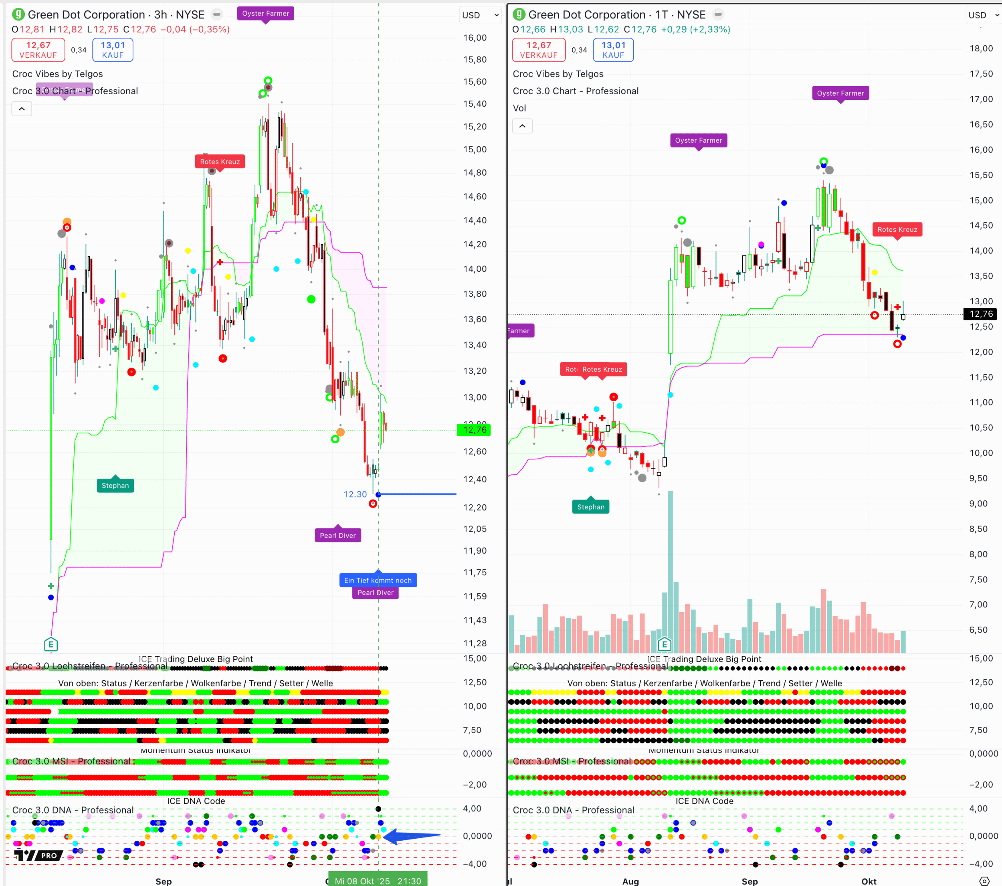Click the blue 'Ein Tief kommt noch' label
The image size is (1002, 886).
tap(378, 580)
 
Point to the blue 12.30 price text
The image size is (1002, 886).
tap(355, 494)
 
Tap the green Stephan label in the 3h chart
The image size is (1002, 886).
tap(115, 485)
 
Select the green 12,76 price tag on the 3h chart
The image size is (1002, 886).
tap(474, 430)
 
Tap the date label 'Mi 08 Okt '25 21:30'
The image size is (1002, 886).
tap(378, 881)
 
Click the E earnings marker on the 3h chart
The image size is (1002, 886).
tap(51, 644)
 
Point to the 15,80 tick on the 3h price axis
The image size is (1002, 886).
tap(475, 59)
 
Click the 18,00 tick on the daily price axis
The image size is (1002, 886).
tap(980, 49)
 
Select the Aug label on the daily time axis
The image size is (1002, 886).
tap(630, 881)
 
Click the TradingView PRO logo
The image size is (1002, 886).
tap(38, 855)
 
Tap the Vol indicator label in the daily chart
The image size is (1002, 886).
tap(519, 108)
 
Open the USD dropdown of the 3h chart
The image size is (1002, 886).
tap(481, 15)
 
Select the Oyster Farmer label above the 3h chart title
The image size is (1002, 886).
tap(266, 13)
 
